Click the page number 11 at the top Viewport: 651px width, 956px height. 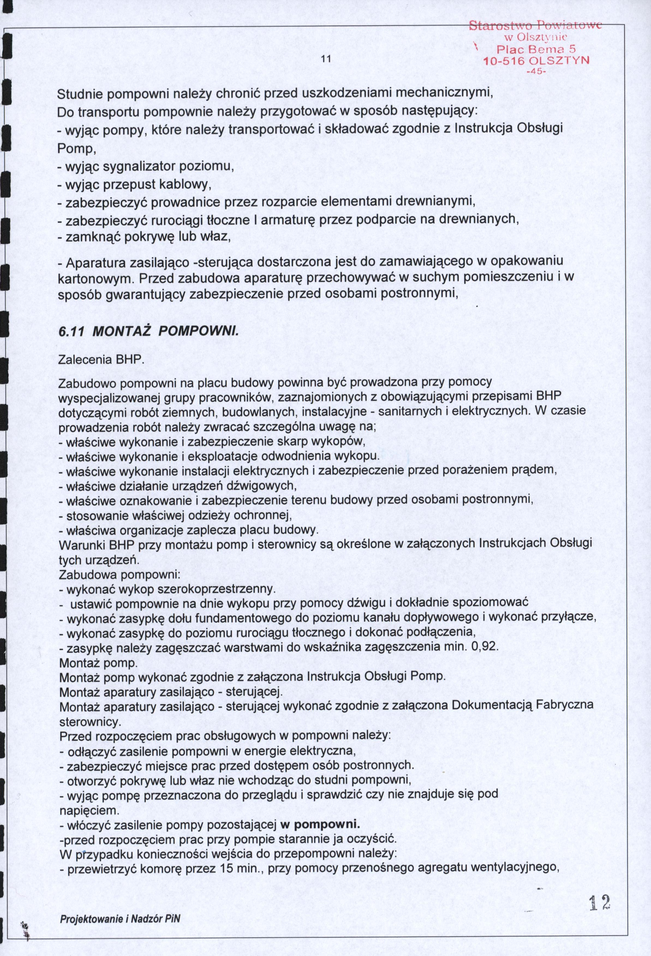point(326,59)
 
